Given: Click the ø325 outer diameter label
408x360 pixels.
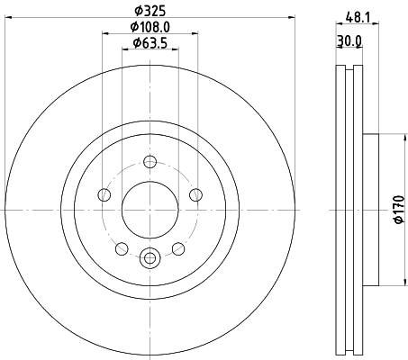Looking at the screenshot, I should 150,10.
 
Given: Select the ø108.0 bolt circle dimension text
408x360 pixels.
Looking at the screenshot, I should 150,26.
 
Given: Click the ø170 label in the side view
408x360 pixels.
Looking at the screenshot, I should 397,211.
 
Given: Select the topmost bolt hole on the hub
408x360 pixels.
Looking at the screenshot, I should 150,161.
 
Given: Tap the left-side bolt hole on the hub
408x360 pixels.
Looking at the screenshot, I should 104,195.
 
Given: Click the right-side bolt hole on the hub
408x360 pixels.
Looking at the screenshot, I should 195,195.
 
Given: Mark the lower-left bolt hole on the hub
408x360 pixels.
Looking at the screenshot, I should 122,247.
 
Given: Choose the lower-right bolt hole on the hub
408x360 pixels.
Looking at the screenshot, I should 177,247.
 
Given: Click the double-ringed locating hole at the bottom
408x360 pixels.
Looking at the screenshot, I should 150,258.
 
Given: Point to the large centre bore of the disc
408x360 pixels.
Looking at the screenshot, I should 150,209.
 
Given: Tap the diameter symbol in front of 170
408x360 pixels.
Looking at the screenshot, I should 397,228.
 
